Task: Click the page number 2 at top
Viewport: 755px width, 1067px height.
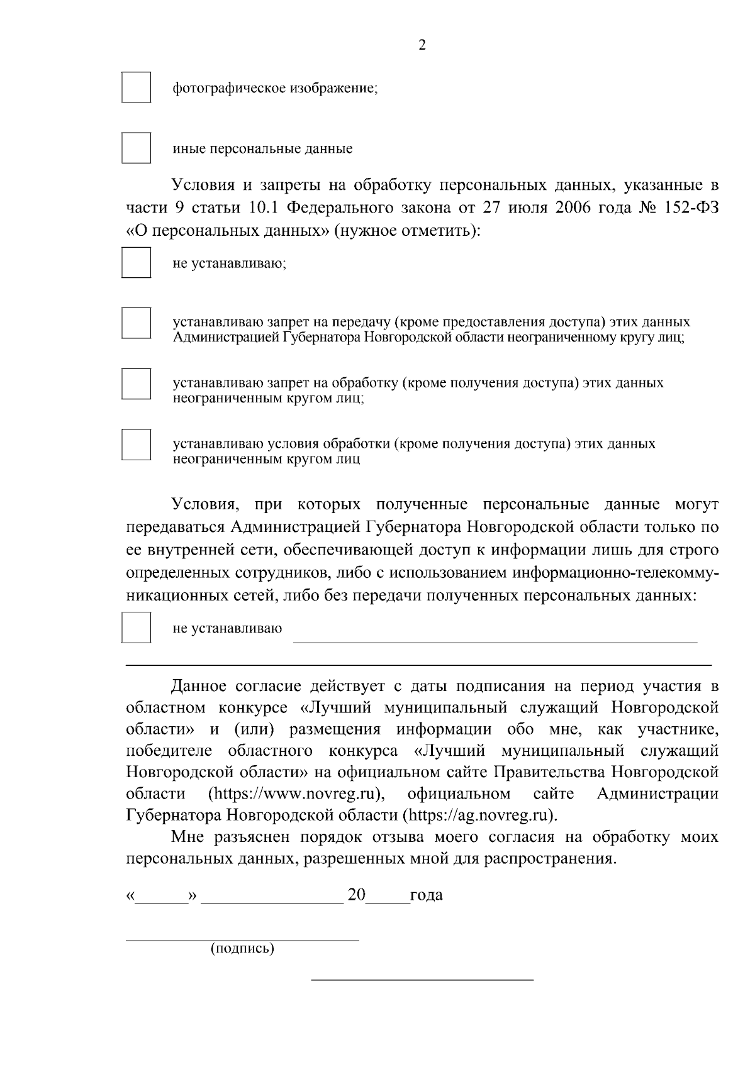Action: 422,45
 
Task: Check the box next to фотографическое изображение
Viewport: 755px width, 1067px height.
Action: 136,87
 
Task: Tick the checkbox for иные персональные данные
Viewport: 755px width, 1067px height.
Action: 136,148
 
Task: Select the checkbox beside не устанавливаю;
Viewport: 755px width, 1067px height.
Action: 136,263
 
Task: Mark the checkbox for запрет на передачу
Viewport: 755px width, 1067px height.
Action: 136,323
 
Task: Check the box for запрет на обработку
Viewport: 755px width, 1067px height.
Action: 136,384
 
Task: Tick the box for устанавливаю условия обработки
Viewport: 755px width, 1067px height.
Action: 136,445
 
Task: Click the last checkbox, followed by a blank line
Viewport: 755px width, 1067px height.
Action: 136,627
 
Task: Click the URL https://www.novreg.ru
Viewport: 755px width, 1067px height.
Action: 297,793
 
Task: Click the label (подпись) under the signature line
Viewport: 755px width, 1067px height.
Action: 242,948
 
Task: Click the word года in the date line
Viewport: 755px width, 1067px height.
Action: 426,895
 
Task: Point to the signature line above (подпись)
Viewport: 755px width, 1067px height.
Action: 242,940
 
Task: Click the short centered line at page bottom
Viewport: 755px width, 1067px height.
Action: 422,980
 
